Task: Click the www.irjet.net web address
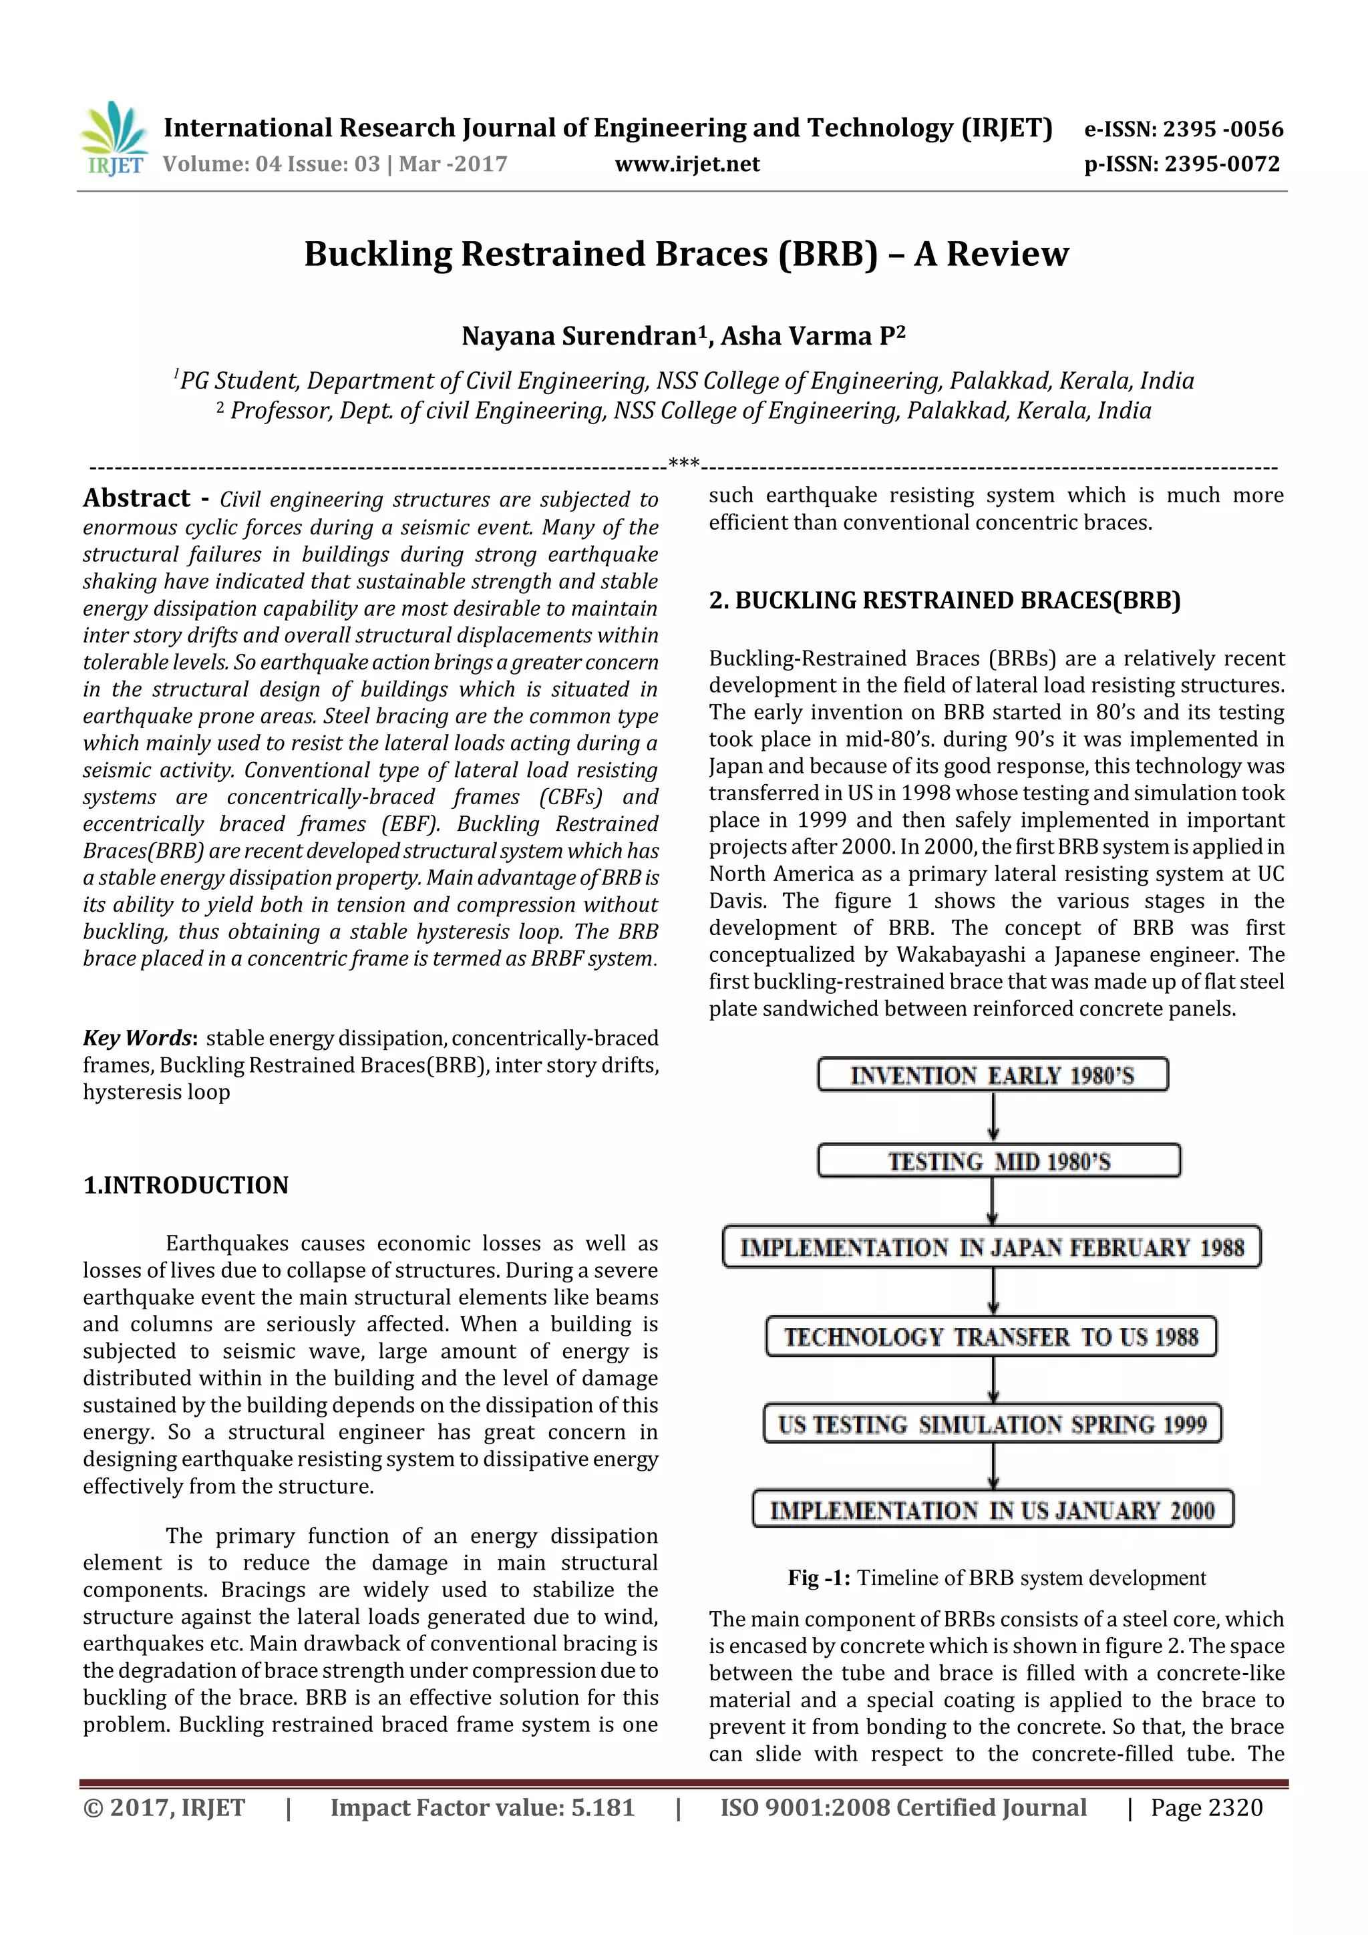point(687,164)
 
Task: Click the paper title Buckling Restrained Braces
point(686,254)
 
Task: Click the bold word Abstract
point(136,498)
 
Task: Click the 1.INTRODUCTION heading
point(186,1185)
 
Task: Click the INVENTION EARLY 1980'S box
point(992,1075)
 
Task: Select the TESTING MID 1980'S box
point(998,1162)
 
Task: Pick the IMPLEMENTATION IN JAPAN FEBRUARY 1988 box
point(991,1247)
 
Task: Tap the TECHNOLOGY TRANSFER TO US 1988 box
point(991,1337)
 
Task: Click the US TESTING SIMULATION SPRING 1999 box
point(991,1424)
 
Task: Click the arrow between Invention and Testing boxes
point(994,1117)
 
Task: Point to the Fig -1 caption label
point(818,1578)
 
